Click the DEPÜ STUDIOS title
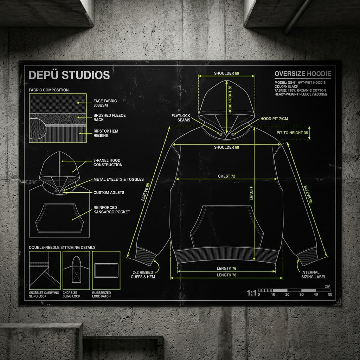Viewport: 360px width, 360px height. pyautogui.click(x=69, y=75)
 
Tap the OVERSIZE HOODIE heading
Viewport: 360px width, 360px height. pyautogui.click(x=302, y=74)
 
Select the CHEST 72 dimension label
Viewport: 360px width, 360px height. pyautogui.click(x=226, y=176)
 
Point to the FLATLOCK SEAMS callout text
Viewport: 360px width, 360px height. pyautogui.click(x=181, y=118)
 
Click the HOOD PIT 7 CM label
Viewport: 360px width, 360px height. pyautogui.click(x=274, y=119)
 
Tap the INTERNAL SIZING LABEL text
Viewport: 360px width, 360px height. pyautogui.click(x=310, y=275)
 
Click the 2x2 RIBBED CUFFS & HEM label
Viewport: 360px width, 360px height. pyautogui.click(x=144, y=275)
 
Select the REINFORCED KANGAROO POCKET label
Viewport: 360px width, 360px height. pyautogui.click(x=111, y=210)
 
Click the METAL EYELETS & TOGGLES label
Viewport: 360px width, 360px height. pyautogui.click(x=118, y=180)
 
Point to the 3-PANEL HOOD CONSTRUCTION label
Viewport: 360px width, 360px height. pyautogui.click(x=108, y=162)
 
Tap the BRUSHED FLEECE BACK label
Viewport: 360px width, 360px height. pyautogui.click(x=109, y=117)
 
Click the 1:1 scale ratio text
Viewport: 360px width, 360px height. pyautogui.click(x=252, y=293)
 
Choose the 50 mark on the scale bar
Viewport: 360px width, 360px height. pyautogui.click(x=330, y=295)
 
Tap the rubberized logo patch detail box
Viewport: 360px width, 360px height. pyautogui.click(x=106, y=270)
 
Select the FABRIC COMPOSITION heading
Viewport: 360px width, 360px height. pyautogui.click(x=49, y=90)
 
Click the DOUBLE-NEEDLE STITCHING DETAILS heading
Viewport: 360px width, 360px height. pyautogui.click(x=62, y=247)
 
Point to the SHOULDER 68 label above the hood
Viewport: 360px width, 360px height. pyautogui.click(x=226, y=73)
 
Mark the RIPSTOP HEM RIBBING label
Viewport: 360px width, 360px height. pyautogui.click(x=106, y=133)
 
